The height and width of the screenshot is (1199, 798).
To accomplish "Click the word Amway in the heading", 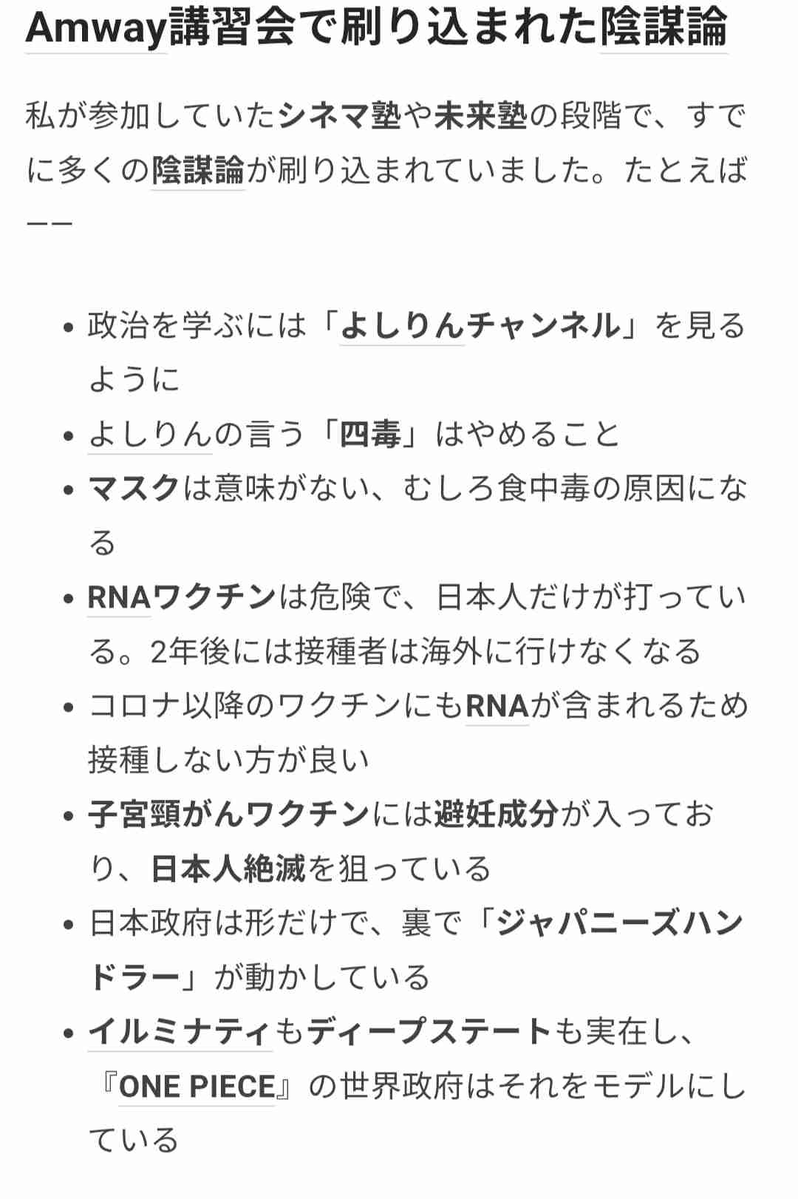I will (96, 28).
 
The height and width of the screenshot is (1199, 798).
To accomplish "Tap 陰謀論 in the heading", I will (663, 28).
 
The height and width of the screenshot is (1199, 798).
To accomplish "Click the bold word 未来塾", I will (480, 117).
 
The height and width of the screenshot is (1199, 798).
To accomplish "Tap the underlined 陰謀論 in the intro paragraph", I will (197, 171).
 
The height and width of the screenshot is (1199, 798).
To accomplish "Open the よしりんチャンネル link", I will (480, 326).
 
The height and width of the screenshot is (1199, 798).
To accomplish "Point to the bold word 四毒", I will (369, 435).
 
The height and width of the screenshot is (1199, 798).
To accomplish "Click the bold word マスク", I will (134, 489).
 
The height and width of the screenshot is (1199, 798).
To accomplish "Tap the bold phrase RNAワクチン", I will (181, 597).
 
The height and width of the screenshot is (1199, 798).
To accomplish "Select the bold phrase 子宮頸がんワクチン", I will (228, 815).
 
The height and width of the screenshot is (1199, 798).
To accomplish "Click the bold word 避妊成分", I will (496, 815).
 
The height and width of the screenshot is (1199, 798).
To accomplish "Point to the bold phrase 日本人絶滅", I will (228, 869).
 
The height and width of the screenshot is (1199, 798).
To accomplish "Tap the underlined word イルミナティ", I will (180, 1032).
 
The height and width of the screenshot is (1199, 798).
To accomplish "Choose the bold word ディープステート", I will (429, 1032).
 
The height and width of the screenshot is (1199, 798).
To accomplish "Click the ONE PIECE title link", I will (197, 1087).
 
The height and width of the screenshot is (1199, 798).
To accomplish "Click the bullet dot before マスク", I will (69, 490).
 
